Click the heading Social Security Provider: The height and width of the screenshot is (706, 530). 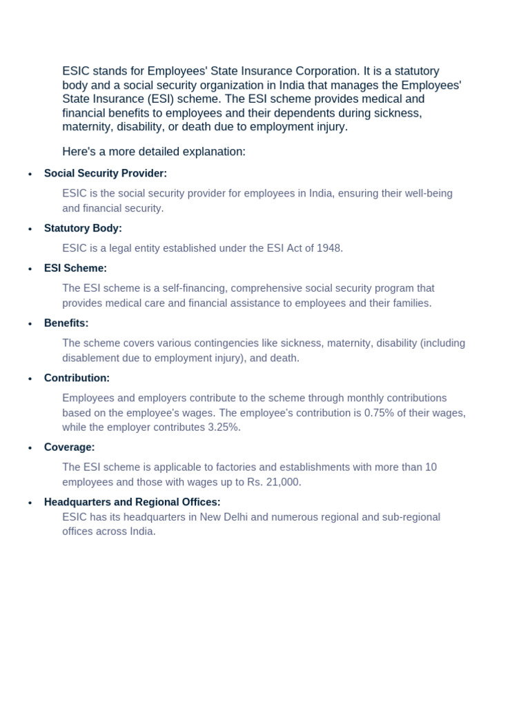pyautogui.click(x=106, y=174)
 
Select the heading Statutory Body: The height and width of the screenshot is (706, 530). pyautogui.click(x=83, y=228)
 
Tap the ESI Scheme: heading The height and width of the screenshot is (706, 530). pyautogui.click(x=75, y=268)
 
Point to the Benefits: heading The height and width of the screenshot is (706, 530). pyautogui.click(x=66, y=323)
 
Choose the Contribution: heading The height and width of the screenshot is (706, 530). pyautogui.click(x=77, y=379)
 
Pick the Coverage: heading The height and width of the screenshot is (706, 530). pyautogui.click(x=69, y=447)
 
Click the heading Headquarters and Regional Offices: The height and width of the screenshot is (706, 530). pyautogui.click(x=132, y=503)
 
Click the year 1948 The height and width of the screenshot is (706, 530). pyautogui.click(x=329, y=248)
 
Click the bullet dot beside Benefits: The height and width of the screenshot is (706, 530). pyautogui.click(x=30, y=324)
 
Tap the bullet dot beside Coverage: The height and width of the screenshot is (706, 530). pyautogui.click(x=30, y=448)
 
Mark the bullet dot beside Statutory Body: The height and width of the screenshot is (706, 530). pyautogui.click(x=30, y=229)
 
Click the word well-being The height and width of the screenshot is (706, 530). pyautogui.click(x=428, y=194)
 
